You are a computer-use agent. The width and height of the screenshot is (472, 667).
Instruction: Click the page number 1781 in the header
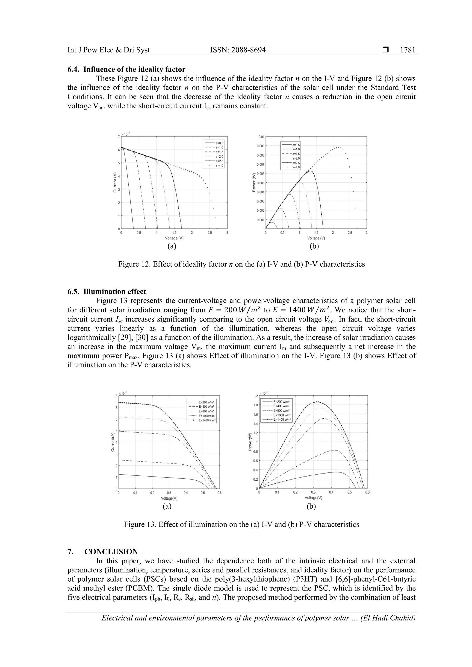point(407,50)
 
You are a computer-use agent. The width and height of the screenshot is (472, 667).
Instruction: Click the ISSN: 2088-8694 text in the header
point(238,50)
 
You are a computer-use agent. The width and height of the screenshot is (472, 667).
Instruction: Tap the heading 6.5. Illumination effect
point(107,291)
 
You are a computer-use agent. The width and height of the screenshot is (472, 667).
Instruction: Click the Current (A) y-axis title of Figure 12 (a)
point(115,182)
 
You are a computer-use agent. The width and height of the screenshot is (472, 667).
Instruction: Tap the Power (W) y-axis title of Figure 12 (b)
point(254,182)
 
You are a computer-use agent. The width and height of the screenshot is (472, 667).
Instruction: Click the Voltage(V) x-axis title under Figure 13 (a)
point(169,498)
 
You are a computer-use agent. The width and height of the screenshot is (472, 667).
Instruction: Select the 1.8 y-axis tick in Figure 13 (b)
point(256,405)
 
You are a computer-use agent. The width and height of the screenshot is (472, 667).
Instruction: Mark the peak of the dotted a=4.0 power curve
point(339,147)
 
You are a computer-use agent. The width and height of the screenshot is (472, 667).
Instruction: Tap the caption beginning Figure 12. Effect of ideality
point(241,264)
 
